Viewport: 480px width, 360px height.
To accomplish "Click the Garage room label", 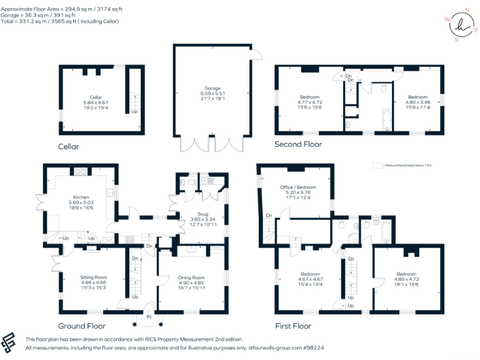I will point(211,89).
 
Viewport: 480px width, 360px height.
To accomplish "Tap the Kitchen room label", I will point(80,197).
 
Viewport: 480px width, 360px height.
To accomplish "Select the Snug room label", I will point(198,214).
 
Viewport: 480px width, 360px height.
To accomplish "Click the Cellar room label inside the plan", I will point(96,97).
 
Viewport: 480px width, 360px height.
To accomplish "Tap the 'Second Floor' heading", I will point(298,144).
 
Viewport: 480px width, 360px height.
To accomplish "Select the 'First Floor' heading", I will point(293,326).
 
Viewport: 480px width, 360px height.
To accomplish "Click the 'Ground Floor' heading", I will point(82,326).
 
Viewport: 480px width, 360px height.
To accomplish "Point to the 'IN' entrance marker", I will point(149,317).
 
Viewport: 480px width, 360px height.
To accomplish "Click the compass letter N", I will point(467,11).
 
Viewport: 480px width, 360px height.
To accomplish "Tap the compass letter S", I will point(456,40).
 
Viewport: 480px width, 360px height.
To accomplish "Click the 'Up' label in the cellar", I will point(134,112).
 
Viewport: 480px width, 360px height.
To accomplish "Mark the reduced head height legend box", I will point(376,165).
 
